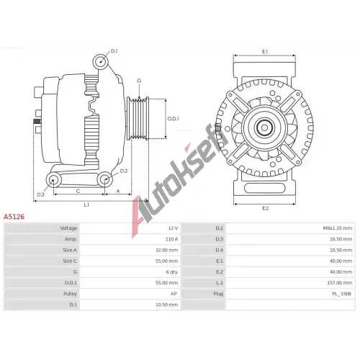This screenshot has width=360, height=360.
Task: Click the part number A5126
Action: pyautogui.click(x=14, y=217)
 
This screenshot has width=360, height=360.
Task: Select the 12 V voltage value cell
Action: pyautogui.click(x=173, y=228)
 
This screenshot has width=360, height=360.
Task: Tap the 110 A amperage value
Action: pyautogui.click(x=171, y=239)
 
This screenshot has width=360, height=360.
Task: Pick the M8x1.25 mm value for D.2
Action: pyautogui.click(x=337, y=228)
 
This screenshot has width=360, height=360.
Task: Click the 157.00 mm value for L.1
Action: pyautogui.click(x=340, y=283)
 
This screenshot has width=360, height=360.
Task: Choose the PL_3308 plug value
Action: pyautogui.click(x=342, y=294)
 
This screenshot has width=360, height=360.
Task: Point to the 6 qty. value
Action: pyautogui.click(x=172, y=272)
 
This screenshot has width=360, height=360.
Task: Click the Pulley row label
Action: pyautogui.click(x=70, y=294)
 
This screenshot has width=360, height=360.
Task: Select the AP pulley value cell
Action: pyautogui.click(x=174, y=294)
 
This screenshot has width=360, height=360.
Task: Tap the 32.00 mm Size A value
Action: pyautogui.click(x=166, y=250)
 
